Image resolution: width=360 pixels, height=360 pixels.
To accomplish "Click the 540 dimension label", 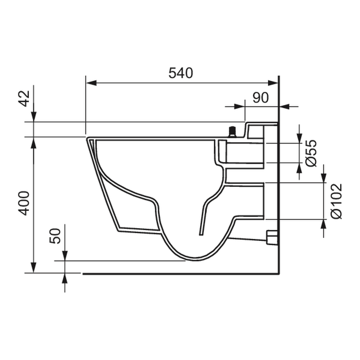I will pyautogui.click(x=181, y=73).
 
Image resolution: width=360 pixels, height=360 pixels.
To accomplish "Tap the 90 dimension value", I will pyautogui.click(x=260, y=98).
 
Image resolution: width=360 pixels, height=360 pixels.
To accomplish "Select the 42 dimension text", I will pyautogui.click(x=26, y=98).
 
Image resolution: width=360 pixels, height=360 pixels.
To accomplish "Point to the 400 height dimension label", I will pyautogui.click(x=26, y=203).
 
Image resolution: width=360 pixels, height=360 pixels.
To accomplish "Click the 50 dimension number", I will pyautogui.click(x=55, y=236).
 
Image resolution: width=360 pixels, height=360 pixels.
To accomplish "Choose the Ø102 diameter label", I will pyautogui.click(x=336, y=201).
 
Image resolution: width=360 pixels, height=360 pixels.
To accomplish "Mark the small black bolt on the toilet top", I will pyautogui.click(x=232, y=132).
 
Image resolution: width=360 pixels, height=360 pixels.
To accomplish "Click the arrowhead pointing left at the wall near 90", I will pyautogui.click(x=285, y=106).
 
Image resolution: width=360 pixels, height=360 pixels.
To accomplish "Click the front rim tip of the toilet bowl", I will pyautogui.click(x=87, y=139).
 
